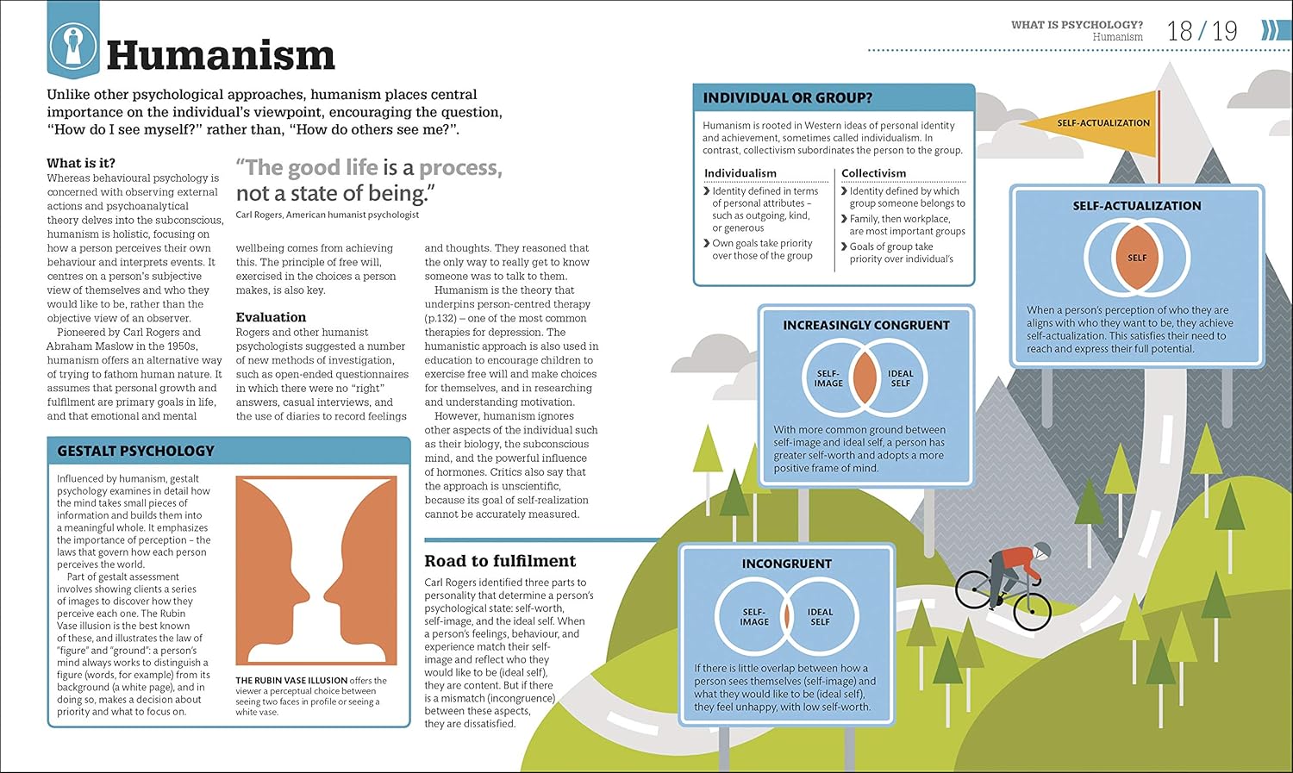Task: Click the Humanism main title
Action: coord(221,55)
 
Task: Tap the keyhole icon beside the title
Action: coord(73,47)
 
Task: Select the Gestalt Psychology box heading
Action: coord(135,451)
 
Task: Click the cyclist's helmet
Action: coord(1041,551)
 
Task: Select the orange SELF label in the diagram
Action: coord(1137,258)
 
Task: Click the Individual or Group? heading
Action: coord(787,98)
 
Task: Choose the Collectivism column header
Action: coord(873,173)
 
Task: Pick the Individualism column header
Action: coord(740,173)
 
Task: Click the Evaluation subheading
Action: coord(271,317)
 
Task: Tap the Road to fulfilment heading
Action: coord(500,561)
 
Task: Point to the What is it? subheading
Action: coord(81,163)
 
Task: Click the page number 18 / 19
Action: coord(1202,31)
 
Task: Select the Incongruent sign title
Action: coord(787,564)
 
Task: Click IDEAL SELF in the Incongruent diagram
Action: coord(820,617)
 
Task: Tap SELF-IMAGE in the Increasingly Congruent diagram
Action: coord(828,377)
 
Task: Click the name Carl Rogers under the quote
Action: coord(259,215)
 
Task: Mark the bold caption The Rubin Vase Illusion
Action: coord(291,681)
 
